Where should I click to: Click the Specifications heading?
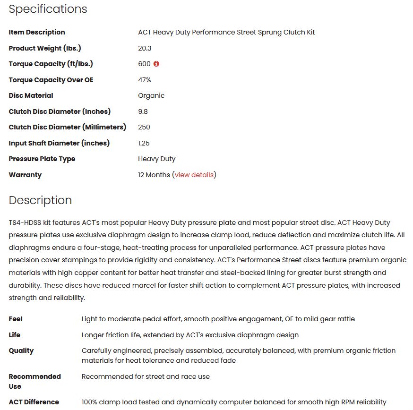tap(48, 9)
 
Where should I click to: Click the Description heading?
tap(40, 200)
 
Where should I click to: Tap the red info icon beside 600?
tap(156, 64)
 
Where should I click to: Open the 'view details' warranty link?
tap(194, 175)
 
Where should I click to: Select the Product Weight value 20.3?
tap(145, 48)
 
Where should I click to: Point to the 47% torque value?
tap(145, 80)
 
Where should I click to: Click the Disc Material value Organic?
tap(151, 95)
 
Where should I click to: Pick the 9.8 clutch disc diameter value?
tap(143, 111)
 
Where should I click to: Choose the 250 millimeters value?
tap(144, 127)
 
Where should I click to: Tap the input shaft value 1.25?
tap(144, 143)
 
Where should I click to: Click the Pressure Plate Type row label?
tap(42, 159)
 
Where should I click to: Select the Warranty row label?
tap(25, 175)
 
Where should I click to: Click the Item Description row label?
tap(37, 32)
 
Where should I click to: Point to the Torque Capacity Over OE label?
tap(51, 80)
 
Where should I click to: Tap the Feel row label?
tap(16, 319)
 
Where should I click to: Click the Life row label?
tap(15, 335)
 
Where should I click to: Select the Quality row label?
tap(21, 350)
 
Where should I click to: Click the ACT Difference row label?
tap(34, 402)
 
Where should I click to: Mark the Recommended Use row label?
tap(34, 381)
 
